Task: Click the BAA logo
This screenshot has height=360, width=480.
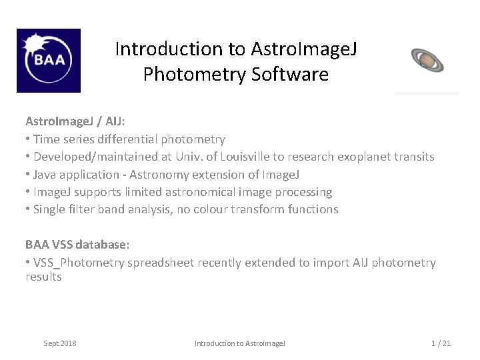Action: (x=48, y=61)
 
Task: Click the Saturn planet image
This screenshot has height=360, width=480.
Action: (x=427, y=59)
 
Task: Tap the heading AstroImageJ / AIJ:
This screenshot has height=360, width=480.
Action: (x=75, y=121)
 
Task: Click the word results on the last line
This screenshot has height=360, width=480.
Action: (x=43, y=277)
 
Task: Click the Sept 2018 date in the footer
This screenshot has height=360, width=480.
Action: (x=60, y=343)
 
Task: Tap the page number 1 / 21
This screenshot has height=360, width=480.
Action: (x=441, y=343)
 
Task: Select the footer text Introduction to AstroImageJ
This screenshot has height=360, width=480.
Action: (x=239, y=343)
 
